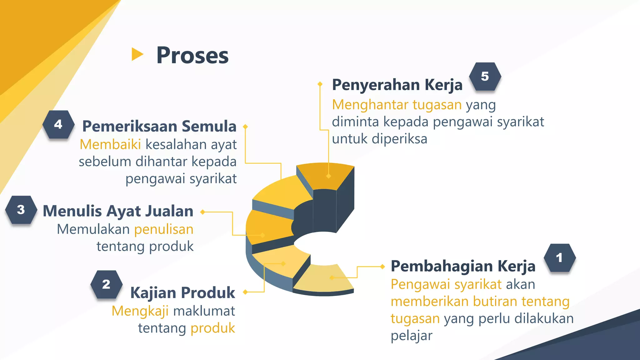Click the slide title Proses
192,56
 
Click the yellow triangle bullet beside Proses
137,54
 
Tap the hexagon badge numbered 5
485,77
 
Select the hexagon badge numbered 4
58,124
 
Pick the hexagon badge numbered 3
21,210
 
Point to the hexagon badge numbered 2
106,284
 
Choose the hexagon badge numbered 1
559,258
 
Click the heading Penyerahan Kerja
397,85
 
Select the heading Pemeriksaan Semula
159,127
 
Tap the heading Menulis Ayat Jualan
118,211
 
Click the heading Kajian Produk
182,293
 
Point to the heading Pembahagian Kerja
463,267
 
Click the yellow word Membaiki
110,145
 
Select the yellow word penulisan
164,229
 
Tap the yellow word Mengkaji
140,311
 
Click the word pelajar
411,336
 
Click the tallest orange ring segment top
325,175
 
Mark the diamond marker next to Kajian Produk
245,292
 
